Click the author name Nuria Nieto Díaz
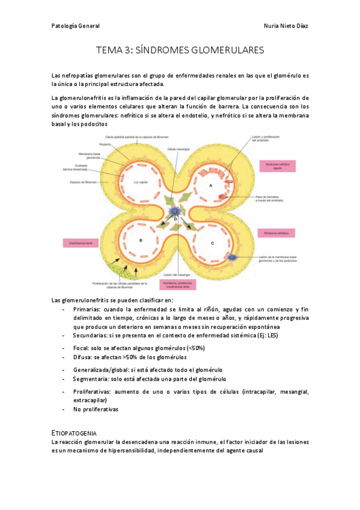pos(285,26)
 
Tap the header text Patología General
pos(76,26)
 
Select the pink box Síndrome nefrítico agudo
pos(276,166)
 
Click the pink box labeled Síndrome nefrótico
pos(276,232)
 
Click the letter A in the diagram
pos(210,187)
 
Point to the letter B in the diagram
pos(140,240)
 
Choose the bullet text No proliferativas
pos(96,410)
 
